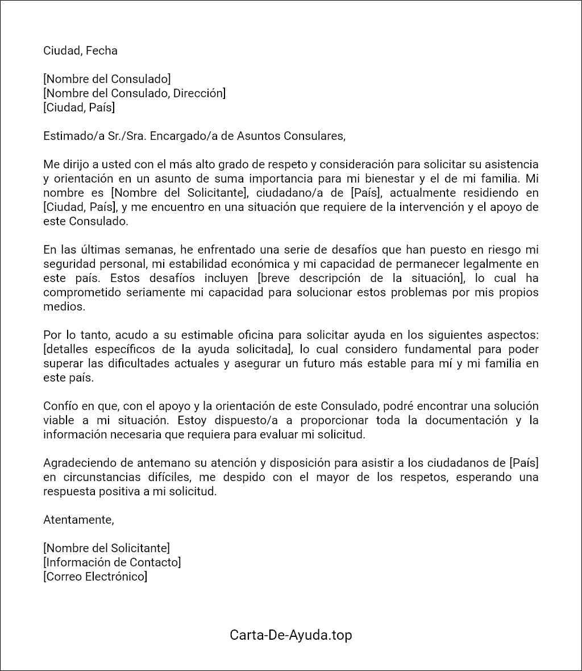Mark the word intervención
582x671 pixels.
[431, 207]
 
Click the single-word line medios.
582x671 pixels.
[64, 306]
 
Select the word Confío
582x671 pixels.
[60, 406]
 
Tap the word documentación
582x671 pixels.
[464, 420]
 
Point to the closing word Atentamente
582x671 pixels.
[78, 519]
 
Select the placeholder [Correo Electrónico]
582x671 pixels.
[95, 577]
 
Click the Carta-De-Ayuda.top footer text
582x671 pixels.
[290, 635]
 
